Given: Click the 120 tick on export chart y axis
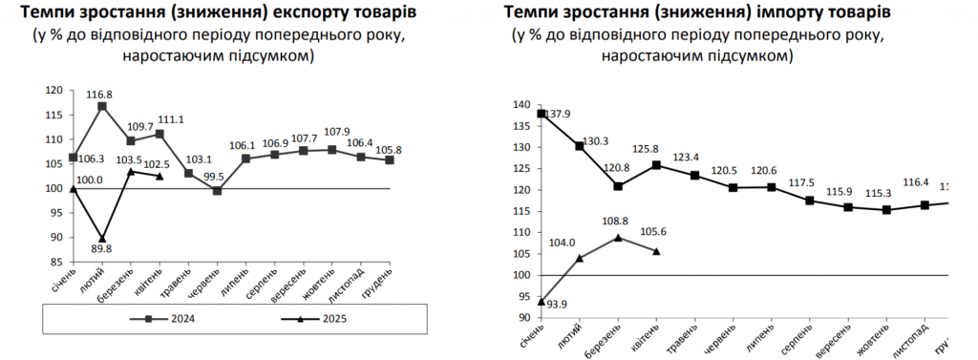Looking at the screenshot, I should pyautogui.click(x=54, y=91).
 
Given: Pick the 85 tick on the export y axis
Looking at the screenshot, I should pyautogui.click(x=57, y=262).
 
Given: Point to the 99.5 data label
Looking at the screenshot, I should pyautogui.click(x=217, y=177).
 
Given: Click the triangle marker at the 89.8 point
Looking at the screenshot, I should pyautogui.click(x=102, y=238).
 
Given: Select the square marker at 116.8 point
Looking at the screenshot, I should pyautogui.click(x=102, y=106).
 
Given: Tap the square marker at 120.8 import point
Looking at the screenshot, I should pyautogui.click(x=619, y=186).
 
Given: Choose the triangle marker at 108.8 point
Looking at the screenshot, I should pyautogui.click(x=618, y=237).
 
